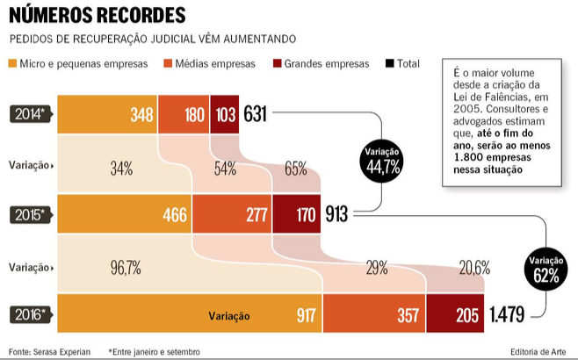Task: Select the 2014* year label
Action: [x=31, y=113]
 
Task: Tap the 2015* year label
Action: [x=31, y=213]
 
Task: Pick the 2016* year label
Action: [x=31, y=314]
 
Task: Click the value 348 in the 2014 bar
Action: [x=141, y=114]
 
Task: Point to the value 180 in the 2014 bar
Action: [x=194, y=114]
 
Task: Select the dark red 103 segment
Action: [x=226, y=114]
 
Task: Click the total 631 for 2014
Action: [x=256, y=114]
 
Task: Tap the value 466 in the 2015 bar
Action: [x=176, y=214]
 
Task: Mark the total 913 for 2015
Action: [x=338, y=214]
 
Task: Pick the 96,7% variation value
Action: [x=126, y=268]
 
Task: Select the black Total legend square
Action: [x=389, y=63]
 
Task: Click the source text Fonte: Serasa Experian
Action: [x=49, y=351]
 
